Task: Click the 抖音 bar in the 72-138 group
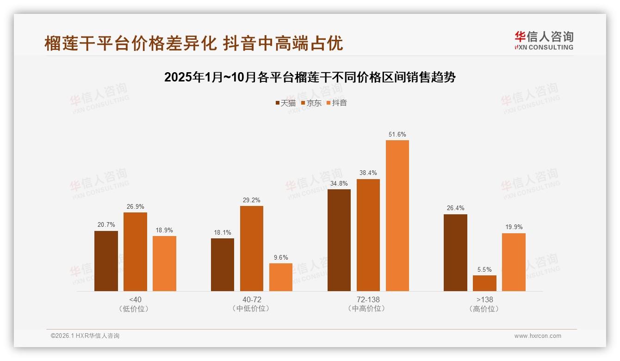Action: [x=397, y=216]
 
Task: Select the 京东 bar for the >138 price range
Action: [x=484, y=283]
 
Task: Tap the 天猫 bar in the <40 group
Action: [x=106, y=261]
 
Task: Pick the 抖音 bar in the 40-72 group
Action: [x=281, y=277]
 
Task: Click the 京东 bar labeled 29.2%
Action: [x=251, y=249]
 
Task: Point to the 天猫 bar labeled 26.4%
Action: [x=455, y=253]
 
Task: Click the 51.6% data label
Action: [x=397, y=135]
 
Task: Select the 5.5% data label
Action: [x=484, y=269]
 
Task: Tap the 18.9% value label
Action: [x=164, y=230]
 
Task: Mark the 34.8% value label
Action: [x=339, y=183]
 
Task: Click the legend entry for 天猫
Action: [x=285, y=103]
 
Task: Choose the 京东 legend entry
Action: [x=311, y=103]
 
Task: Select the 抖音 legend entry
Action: [x=337, y=103]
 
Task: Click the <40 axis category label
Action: [x=136, y=299]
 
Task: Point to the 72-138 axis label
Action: [x=368, y=299]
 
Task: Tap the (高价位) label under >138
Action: [x=484, y=309]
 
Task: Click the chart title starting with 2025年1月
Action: [x=310, y=77]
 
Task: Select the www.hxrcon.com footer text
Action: [x=538, y=336]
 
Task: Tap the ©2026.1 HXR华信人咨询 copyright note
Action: [x=85, y=336]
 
